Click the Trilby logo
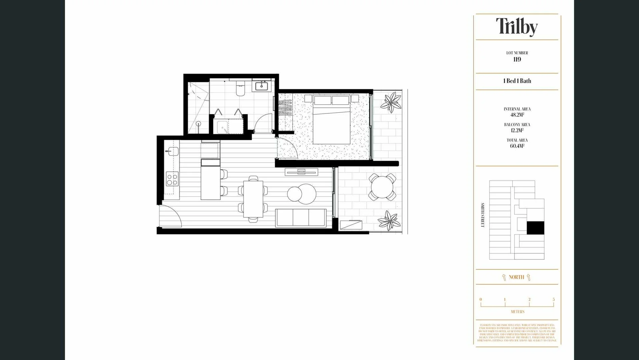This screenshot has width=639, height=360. click(517, 27)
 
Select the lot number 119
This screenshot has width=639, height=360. click(517, 60)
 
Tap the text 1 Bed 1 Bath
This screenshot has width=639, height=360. click(517, 81)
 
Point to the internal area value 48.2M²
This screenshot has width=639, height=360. click(517, 115)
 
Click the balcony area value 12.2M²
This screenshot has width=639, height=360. click(517, 131)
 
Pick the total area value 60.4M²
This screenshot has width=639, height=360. click(517, 146)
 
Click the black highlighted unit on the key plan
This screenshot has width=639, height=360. click(535, 228)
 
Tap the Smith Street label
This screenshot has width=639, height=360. click(482, 215)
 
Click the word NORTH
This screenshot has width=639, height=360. click(516, 277)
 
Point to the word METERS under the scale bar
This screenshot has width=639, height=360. click(517, 312)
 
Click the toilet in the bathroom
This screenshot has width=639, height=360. click(240, 89)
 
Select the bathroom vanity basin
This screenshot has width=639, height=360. click(261, 86)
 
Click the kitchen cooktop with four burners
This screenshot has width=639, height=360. click(172, 179)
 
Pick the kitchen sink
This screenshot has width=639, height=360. click(173, 151)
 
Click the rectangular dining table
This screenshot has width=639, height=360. click(253, 199)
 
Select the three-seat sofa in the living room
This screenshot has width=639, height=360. click(301, 218)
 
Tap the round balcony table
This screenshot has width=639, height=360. click(382, 187)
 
